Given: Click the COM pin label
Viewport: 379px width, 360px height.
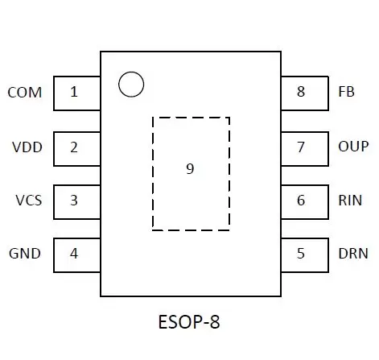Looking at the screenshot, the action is [25, 93].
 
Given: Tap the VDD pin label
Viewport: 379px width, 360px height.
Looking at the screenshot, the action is [27, 147].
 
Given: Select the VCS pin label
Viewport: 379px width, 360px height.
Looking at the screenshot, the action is [29, 201].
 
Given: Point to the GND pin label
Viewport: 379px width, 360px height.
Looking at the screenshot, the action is [25, 254].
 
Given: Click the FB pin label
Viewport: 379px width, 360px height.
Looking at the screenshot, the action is [346, 92].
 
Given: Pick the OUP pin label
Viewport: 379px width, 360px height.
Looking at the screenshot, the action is [353, 147].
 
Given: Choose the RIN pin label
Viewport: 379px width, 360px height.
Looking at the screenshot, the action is [350, 201].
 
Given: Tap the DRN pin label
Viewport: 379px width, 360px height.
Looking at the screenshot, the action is [353, 254].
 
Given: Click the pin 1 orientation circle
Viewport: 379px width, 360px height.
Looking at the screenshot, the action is [131, 72].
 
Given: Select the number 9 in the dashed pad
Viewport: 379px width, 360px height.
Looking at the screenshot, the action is [190, 169].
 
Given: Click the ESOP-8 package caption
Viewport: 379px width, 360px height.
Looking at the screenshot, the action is [189, 322].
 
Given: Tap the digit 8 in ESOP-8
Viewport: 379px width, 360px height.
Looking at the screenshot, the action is [215, 322].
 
